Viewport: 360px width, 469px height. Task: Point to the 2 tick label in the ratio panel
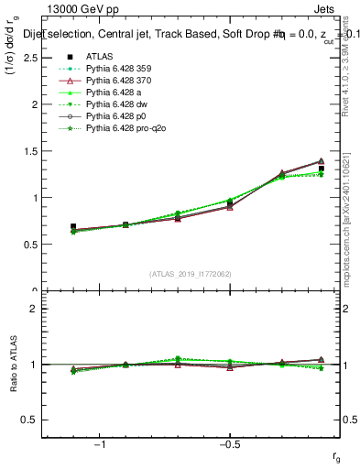coord(33,309)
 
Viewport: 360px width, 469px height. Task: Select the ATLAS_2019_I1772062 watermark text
coord(191,274)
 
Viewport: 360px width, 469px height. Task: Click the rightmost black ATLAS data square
coord(321,168)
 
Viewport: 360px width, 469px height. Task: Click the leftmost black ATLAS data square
coord(73,226)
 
